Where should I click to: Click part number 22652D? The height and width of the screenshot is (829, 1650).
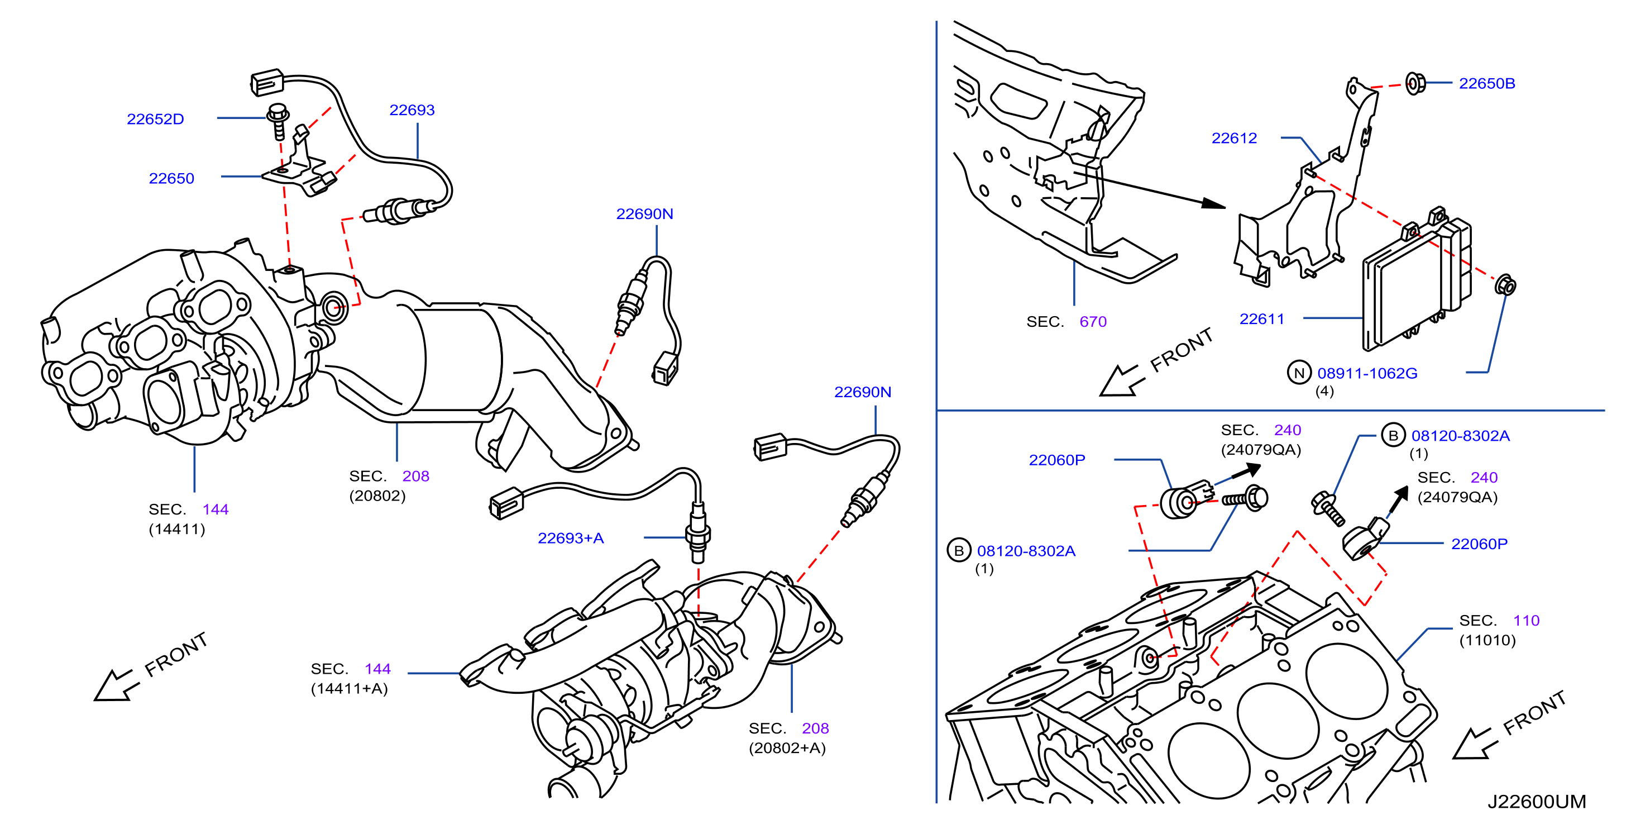pos(156,119)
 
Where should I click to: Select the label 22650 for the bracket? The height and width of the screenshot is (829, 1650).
pos(171,178)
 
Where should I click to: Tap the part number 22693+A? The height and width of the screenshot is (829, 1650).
pos(571,538)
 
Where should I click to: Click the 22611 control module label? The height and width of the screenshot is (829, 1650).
pos(1262,318)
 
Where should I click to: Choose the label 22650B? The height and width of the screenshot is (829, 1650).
pos(1486,83)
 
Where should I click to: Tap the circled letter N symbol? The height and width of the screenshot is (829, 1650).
pos(1299,372)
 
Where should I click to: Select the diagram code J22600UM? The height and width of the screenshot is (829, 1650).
pos(1536,802)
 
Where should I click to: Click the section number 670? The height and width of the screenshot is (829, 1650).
pos(1093,322)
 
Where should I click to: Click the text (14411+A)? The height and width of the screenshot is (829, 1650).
pos(349,689)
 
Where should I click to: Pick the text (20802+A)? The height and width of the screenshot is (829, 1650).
pos(787,747)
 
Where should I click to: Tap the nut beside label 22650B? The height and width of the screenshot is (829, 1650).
pos(1414,83)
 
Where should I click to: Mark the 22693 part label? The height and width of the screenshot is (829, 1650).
pos(412,110)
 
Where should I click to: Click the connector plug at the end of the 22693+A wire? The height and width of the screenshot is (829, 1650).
pos(506,503)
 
